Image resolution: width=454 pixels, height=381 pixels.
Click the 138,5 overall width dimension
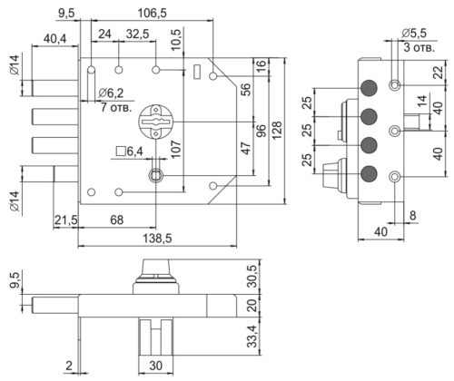coord(157,239)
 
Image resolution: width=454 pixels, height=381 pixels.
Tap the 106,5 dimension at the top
coord(152,13)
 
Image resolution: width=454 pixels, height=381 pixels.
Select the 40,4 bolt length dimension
coord(54,39)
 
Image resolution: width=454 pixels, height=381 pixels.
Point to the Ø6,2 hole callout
coord(111,93)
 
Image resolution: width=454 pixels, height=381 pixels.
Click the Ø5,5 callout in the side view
coord(414,34)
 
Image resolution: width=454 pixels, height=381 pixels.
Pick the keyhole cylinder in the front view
coord(155,122)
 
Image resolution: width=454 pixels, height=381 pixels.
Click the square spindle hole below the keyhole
coord(155,175)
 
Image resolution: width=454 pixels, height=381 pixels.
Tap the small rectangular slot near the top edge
coord(197,72)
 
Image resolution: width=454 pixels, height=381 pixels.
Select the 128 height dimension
coord(277,131)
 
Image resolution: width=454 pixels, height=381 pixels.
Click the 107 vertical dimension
coord(175,149)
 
